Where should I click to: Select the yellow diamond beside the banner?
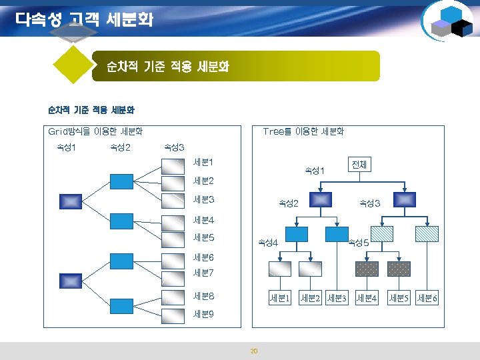(72, 67)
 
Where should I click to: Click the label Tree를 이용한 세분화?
(303, 131)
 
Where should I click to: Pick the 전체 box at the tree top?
(363, 163)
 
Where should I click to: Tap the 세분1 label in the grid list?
(203, 162)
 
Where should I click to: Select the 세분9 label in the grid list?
(203, 313)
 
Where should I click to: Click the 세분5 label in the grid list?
(203, 237)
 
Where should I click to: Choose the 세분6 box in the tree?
(427, 297)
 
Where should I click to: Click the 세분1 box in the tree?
(279, 297)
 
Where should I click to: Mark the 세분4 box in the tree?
(367, 297)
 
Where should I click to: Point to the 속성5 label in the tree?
(359, 243)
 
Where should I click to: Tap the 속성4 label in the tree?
(267, 243)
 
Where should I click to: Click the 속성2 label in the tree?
(289, 203)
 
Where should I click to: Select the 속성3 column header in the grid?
(173, 147)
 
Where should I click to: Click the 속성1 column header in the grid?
(65, 147)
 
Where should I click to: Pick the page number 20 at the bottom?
(254, 351)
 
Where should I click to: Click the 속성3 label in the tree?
(370, 203)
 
